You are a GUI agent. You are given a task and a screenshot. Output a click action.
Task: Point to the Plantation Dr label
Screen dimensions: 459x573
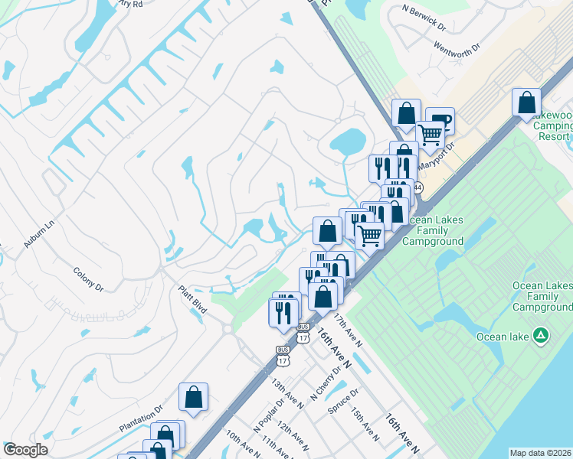point(141,410)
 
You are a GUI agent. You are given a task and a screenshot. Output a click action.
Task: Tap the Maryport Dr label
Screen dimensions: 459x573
point(438,155)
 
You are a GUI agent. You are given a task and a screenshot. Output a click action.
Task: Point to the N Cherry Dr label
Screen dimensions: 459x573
point(325,383)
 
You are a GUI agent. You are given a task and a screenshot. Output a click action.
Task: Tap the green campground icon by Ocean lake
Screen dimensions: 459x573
point(541,335)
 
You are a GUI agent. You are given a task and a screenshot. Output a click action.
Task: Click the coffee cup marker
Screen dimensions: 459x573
point(440,119)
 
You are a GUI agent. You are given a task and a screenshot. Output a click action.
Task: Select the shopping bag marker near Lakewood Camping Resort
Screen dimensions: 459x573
point(526,103)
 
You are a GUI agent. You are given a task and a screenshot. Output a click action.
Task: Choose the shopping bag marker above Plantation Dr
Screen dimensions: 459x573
point(193,397)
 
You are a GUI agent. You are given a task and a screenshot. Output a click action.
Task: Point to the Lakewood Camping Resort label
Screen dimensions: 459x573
point(551,126)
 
